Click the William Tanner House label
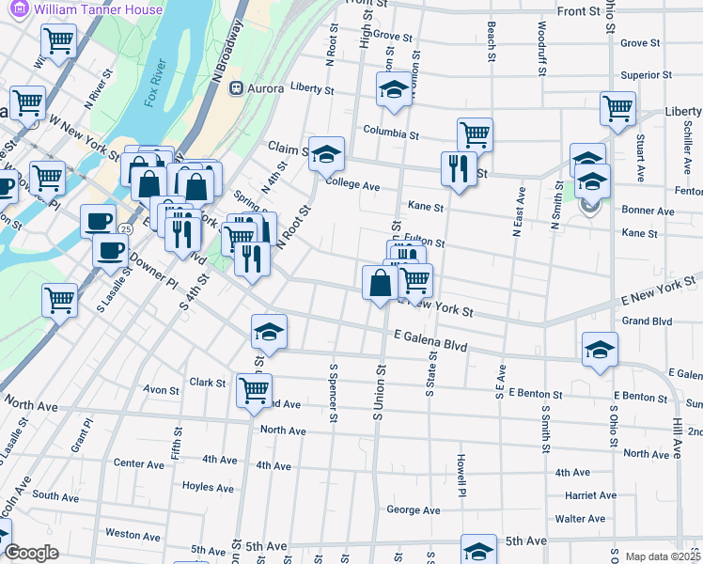point(98,9)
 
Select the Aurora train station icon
point(236,88)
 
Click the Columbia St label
point(391,134)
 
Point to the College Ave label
point(352,187)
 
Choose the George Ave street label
point(414,510)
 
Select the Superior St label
point(647,75)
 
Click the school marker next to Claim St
point(326,153)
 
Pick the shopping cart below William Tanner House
point(58,41)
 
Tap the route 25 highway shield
point(125,228)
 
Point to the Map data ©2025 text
point(664,556)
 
